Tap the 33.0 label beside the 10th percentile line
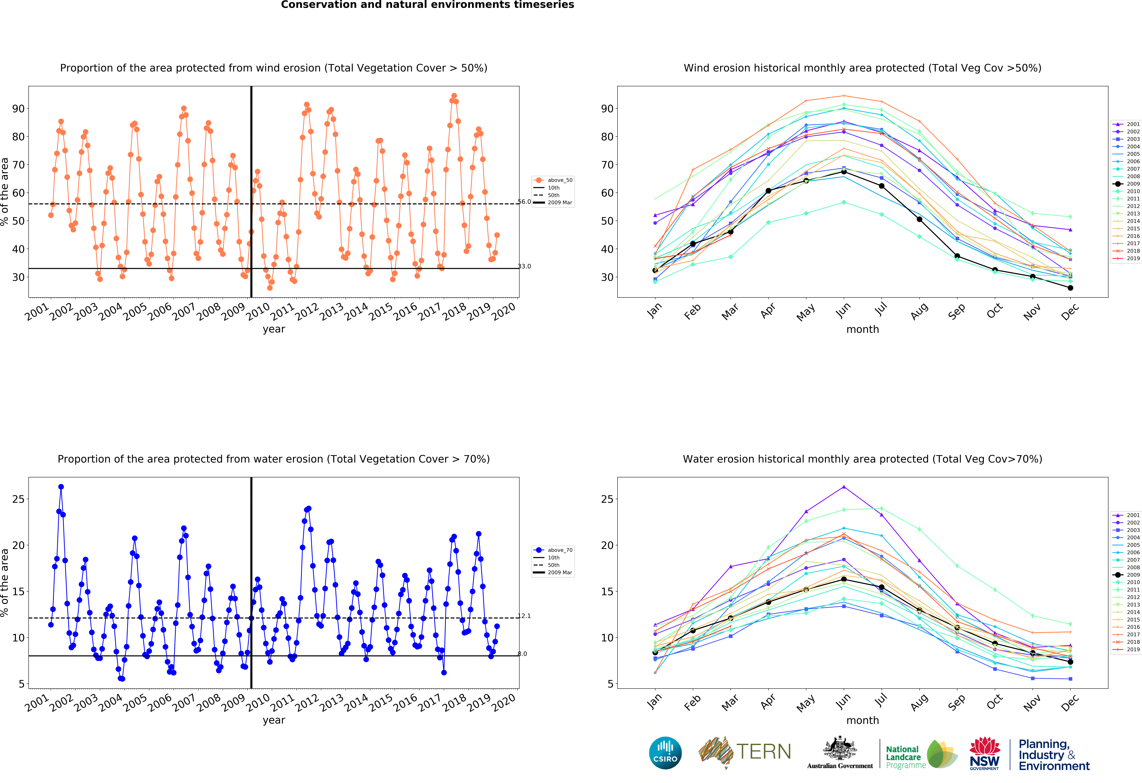pos(524,266)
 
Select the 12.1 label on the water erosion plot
pos(524,616)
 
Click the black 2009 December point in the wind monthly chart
pos(1070,288)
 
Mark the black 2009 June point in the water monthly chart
pos(844,579)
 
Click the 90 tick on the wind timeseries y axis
pos(18,109)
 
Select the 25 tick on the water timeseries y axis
pos(18,499)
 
